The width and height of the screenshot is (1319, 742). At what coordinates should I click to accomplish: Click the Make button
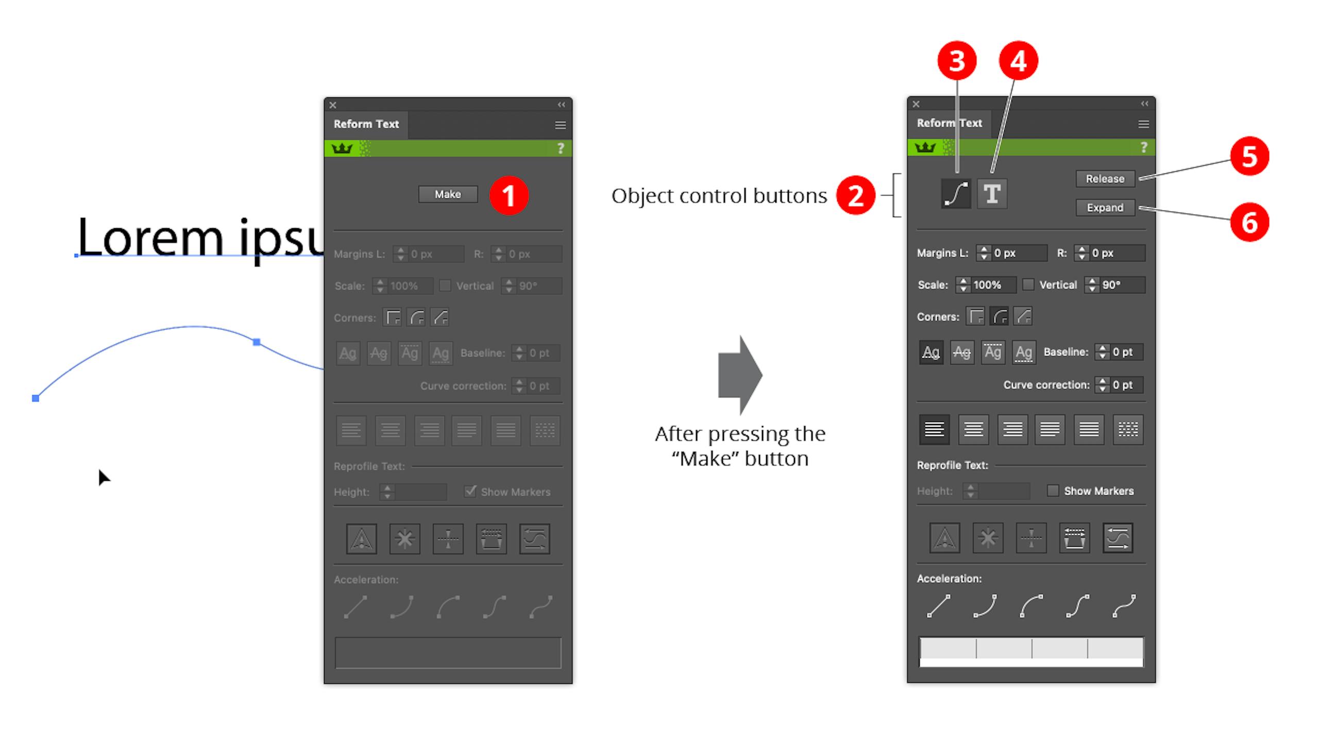point(448,194)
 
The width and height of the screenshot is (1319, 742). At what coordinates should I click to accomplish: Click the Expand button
point(1105,208)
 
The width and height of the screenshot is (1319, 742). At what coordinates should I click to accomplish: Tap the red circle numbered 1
point(509,195)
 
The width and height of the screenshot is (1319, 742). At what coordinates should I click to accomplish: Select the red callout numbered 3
point(957,61)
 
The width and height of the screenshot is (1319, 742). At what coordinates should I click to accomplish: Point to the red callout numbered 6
point(1249,223)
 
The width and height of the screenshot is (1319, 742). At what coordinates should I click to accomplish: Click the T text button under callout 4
point(992,194)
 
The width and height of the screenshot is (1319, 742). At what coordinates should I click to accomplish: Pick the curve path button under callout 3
point(956,194)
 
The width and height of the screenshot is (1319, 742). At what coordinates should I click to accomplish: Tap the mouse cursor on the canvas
point(104,477)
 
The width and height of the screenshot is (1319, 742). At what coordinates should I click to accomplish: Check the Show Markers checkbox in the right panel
point(1053,491)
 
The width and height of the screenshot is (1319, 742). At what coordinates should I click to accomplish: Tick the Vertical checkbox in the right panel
point(1028,284)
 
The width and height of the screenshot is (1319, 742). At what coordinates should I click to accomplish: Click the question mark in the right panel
point(1144,147)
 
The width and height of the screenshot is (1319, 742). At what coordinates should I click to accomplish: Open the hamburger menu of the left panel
point(560,125)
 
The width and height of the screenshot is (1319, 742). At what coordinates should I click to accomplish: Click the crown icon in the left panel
point(342,148)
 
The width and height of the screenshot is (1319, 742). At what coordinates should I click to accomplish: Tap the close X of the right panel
point(916,104)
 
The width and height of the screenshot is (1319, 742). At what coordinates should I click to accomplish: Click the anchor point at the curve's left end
point(36,398)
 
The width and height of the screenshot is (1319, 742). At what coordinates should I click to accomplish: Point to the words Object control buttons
point(719,196)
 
